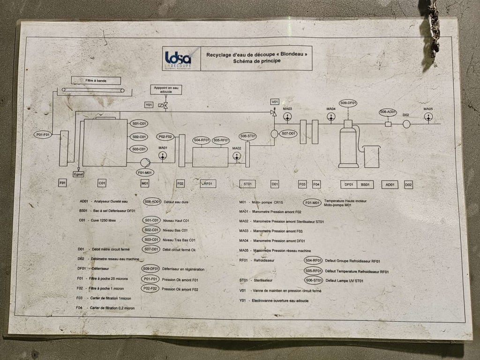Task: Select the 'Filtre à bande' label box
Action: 96,81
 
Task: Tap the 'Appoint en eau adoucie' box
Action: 165,90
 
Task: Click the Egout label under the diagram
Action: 78,174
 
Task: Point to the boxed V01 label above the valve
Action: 275,102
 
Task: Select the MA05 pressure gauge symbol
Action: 428,117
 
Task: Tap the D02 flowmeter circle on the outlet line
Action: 406,124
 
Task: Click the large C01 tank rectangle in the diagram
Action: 105,142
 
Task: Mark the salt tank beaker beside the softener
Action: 371,157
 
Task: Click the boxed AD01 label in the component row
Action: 390,184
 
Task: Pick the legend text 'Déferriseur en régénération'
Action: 183,269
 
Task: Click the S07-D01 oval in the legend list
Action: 151,249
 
